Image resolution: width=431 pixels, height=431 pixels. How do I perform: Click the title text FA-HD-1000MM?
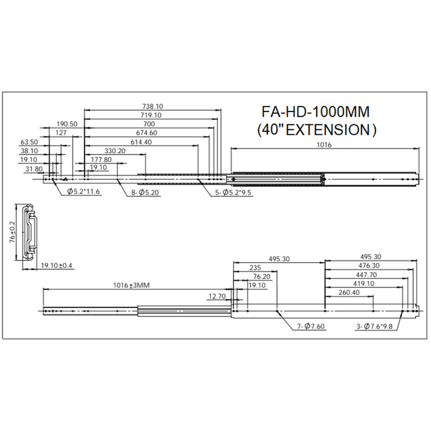coord(315,112)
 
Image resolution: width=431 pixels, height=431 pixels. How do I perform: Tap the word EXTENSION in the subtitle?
coord(328,130)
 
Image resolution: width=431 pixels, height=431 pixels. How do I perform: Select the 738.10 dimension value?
coord(153,107)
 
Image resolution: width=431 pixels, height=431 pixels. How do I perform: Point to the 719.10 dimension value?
coord(151,115)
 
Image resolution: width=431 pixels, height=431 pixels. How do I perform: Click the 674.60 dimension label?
coord(147,133)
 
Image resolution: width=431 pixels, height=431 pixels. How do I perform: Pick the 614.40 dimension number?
coord(141,142)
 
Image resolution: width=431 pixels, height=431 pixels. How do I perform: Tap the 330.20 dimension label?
coord(115,151)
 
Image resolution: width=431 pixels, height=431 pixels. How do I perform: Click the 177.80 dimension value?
coord(101,159)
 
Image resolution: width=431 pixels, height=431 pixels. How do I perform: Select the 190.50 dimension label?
coord(67,124)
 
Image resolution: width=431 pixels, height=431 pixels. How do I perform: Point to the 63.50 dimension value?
coord(29,142)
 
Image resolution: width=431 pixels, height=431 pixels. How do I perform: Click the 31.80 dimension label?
coord(34,169)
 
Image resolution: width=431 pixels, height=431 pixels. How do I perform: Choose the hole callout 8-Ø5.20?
coord(145,192)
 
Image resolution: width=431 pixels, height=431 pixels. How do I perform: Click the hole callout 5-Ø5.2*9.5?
coord(233,192)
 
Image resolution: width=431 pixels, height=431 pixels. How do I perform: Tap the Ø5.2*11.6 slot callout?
coord(83,191)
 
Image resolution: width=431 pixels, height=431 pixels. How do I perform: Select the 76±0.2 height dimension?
coord(12,232)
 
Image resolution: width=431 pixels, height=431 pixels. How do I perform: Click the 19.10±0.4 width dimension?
coord(57,265)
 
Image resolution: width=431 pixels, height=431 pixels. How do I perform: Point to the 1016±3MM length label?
coord(131,285)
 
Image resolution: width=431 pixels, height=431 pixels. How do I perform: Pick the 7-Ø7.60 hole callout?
coord(311,326)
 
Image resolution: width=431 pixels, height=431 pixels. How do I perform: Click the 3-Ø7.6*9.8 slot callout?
coord(374,326)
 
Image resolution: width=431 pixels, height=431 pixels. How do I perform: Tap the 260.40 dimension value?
coord(349,292)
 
